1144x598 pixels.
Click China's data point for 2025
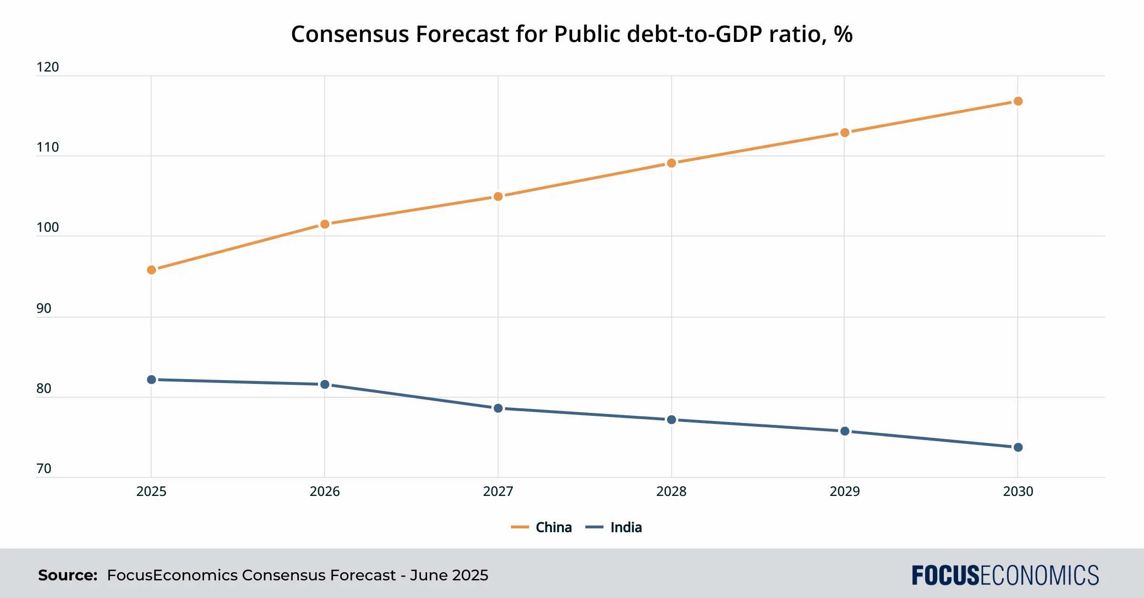(152, 270)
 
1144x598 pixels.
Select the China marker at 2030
(1018, 101)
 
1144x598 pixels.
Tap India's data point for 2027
(498, 408)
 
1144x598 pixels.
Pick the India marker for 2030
(1018, 447)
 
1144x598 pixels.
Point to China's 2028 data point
(671, 163)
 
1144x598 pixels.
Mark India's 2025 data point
(152, 380)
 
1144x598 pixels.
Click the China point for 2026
(325, 224)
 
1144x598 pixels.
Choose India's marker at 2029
(845, 431)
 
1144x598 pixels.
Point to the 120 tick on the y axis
(48, 67)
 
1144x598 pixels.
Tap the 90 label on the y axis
(44, 309)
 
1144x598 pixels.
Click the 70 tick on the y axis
(44, 469)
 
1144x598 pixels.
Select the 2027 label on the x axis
(498, 492)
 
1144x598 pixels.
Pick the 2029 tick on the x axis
(845, 492)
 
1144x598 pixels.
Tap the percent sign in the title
(843, 34)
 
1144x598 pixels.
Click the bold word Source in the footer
(68, 575)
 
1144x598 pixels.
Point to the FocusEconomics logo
(1005, 575)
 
